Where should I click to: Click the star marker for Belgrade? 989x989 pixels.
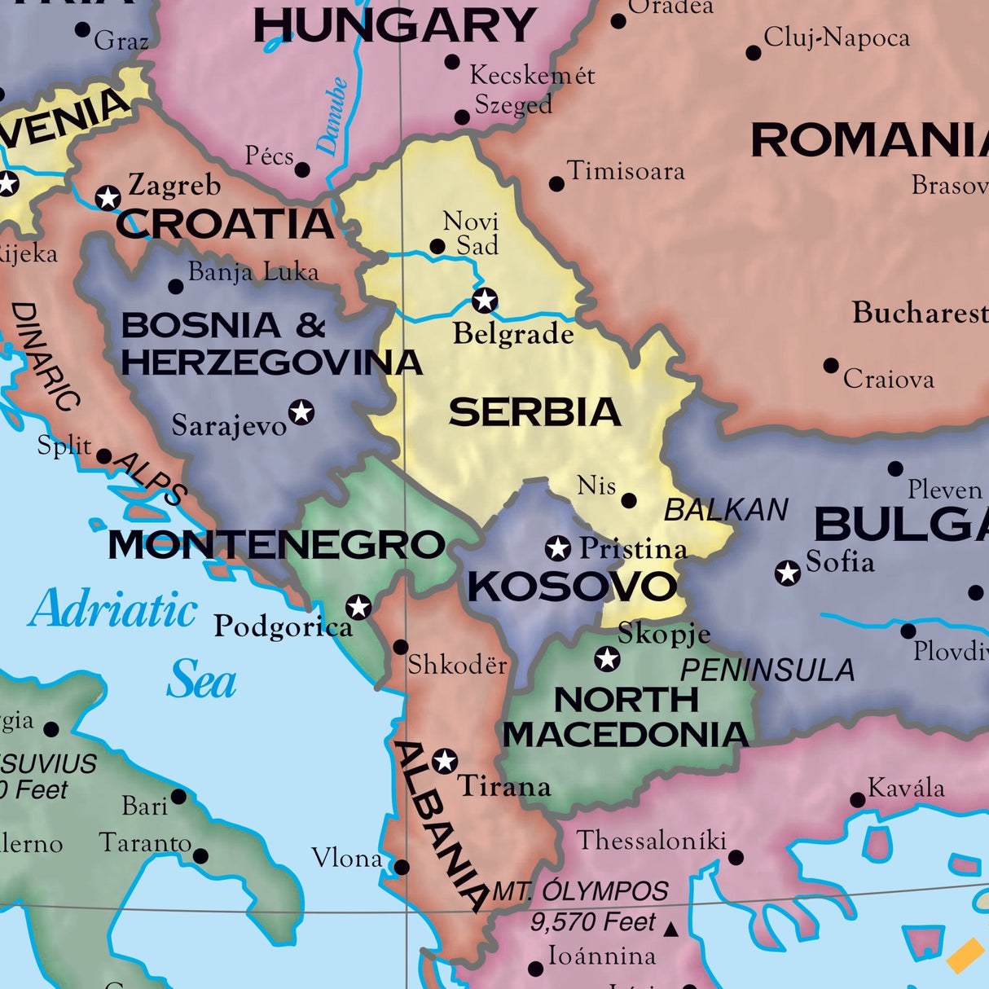pyautogui.click(x=485, y=300)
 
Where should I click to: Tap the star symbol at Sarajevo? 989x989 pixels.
pyautogui.click(x=301, y=411)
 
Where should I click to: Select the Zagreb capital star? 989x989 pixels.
pyautogui.click(x=108, y=197)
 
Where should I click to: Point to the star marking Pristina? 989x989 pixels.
pyautogui.click(x=558, y=548)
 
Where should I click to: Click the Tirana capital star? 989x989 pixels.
pyautogui.click(x=444, y=761)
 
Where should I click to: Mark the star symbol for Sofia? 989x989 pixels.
pyautogui.click(x=787, y=573)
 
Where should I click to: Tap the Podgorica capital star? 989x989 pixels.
pyautogui.click(x=358, y=607)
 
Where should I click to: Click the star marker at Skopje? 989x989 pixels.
pyautogui.click(x=607, y=658)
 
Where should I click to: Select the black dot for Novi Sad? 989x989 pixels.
pyautogui.click(x=437, y=246)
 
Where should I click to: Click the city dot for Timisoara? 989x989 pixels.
pyautogui.click(x=556, y=184)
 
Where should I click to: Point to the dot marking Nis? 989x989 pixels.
pyautogui.click(x=629, y=500)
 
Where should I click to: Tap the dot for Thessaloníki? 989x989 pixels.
pyautogui.click(x=736, y=857)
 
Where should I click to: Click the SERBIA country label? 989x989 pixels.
pyautogui.click(x=534, y=412)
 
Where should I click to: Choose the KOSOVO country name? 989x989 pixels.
pyautogui.click(x=572, y=587)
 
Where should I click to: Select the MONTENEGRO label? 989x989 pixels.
pyautogui.click(x=276, y=545)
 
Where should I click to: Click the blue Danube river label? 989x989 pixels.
pyautogui.click(x=332, y=116)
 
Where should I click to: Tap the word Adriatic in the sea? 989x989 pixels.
pyautogui.click(x=113, y=609)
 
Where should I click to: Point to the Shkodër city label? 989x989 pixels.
pyautogui.click(x=457, y=665)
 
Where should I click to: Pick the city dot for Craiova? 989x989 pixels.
pyautogui.click(x=830, y=366)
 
